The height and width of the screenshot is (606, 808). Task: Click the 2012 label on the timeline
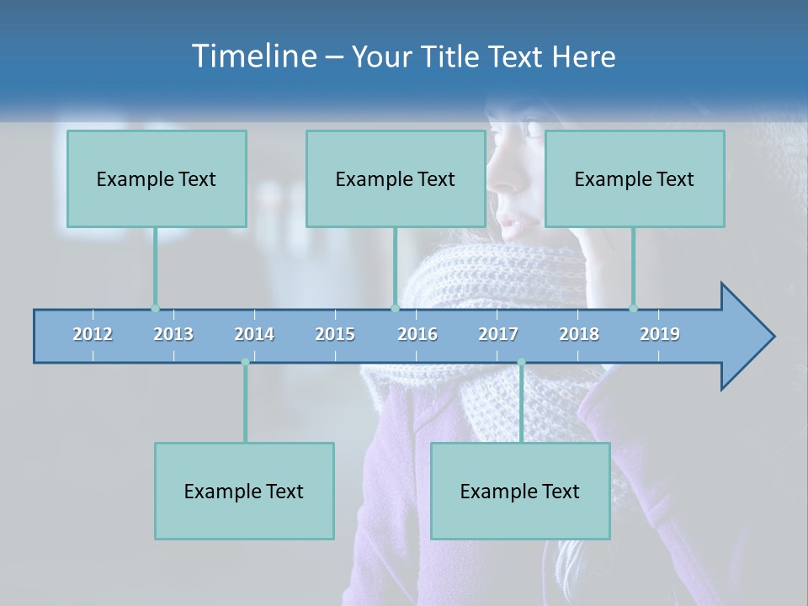point(93,334)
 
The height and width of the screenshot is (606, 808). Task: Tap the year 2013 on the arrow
point(173,334)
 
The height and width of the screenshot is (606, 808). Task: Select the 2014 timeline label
point(254,334)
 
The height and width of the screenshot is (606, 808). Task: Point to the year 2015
point(335,334)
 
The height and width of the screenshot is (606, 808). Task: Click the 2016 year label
point(417,334)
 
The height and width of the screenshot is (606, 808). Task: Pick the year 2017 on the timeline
point(498,334)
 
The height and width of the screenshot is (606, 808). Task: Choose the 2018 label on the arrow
point(579,334)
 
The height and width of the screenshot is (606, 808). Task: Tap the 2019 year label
point(660,334)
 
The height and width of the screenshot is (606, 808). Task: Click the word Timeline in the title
point(252,56)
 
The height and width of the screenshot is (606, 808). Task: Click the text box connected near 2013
point(157,178)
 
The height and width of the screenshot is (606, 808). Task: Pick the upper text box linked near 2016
point(396,178)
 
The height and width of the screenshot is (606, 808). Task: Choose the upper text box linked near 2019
point(635,178)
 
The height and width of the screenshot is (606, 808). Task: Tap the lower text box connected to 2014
point(244,491)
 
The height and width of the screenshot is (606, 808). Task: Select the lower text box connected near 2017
point(520,491)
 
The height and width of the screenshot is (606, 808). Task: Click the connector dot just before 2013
point(155,308)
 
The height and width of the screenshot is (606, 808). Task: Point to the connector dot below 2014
point(245,363)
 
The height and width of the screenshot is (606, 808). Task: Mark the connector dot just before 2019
point(633,308)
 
